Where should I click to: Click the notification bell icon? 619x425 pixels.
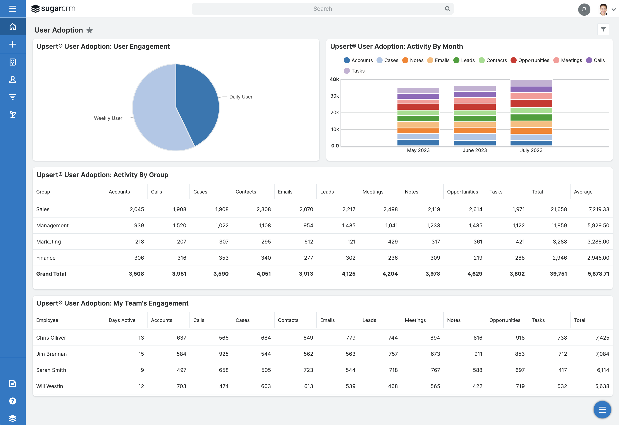click(x=584, y=9)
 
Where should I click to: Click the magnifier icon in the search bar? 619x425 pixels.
click(x=447, y=9)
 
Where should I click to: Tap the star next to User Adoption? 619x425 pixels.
click(x=89, y=30)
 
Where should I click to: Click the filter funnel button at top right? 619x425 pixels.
click(x=603, y=29)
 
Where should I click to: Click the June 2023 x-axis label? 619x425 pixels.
click(x=475, y=150)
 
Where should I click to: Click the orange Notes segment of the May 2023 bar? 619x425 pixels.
click(x=418, y=131)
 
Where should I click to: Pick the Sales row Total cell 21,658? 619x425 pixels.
click(x=559, y=209)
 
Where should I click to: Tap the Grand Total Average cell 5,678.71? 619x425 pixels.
click(x=598, y=274)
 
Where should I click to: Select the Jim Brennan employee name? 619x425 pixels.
click(x=52, y=354)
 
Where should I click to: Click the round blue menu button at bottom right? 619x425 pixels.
click(x=602, y=410)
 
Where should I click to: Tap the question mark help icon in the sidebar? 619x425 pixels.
click(x=12, y=401)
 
